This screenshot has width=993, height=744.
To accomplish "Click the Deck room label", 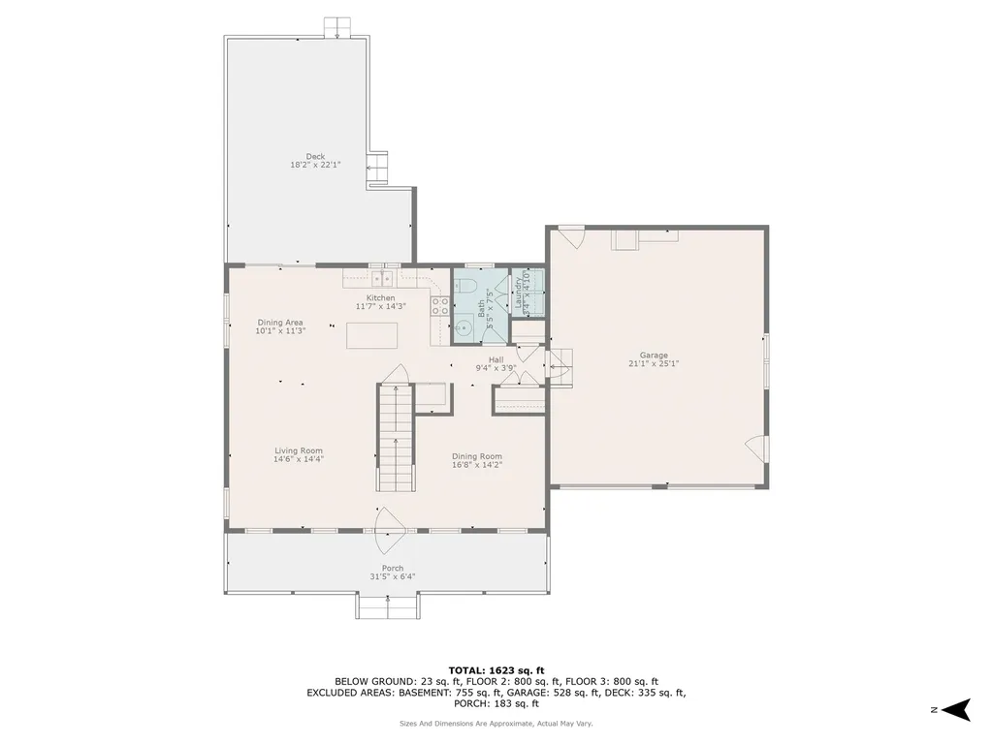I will (x=315, y=156).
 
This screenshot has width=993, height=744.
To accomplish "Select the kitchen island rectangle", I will (x=373, y=335).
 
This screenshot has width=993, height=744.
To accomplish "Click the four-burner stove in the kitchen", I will (x=439, y=305).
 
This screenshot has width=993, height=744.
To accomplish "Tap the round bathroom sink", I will (x=464, y=328).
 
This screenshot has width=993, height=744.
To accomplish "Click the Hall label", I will (x=496, y=359).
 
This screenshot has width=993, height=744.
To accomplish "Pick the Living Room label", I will (x=298, y=450).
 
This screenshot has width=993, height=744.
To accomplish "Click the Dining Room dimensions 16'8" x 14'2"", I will (x=477, y=465).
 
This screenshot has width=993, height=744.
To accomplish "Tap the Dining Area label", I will (x=280, y=322).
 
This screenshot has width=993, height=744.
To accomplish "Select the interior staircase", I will (x=395, y=438).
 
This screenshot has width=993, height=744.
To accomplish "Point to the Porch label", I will (x=392, y=568).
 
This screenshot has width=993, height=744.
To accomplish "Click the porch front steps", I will (x=388, y=606).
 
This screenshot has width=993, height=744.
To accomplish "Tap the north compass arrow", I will (x=957, y=709).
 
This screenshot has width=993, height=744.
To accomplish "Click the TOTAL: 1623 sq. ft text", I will (x=496, y=670).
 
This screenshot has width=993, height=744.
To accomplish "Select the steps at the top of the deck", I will (x=337, y=25).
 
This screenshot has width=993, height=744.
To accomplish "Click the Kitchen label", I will (x=380, y=297).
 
